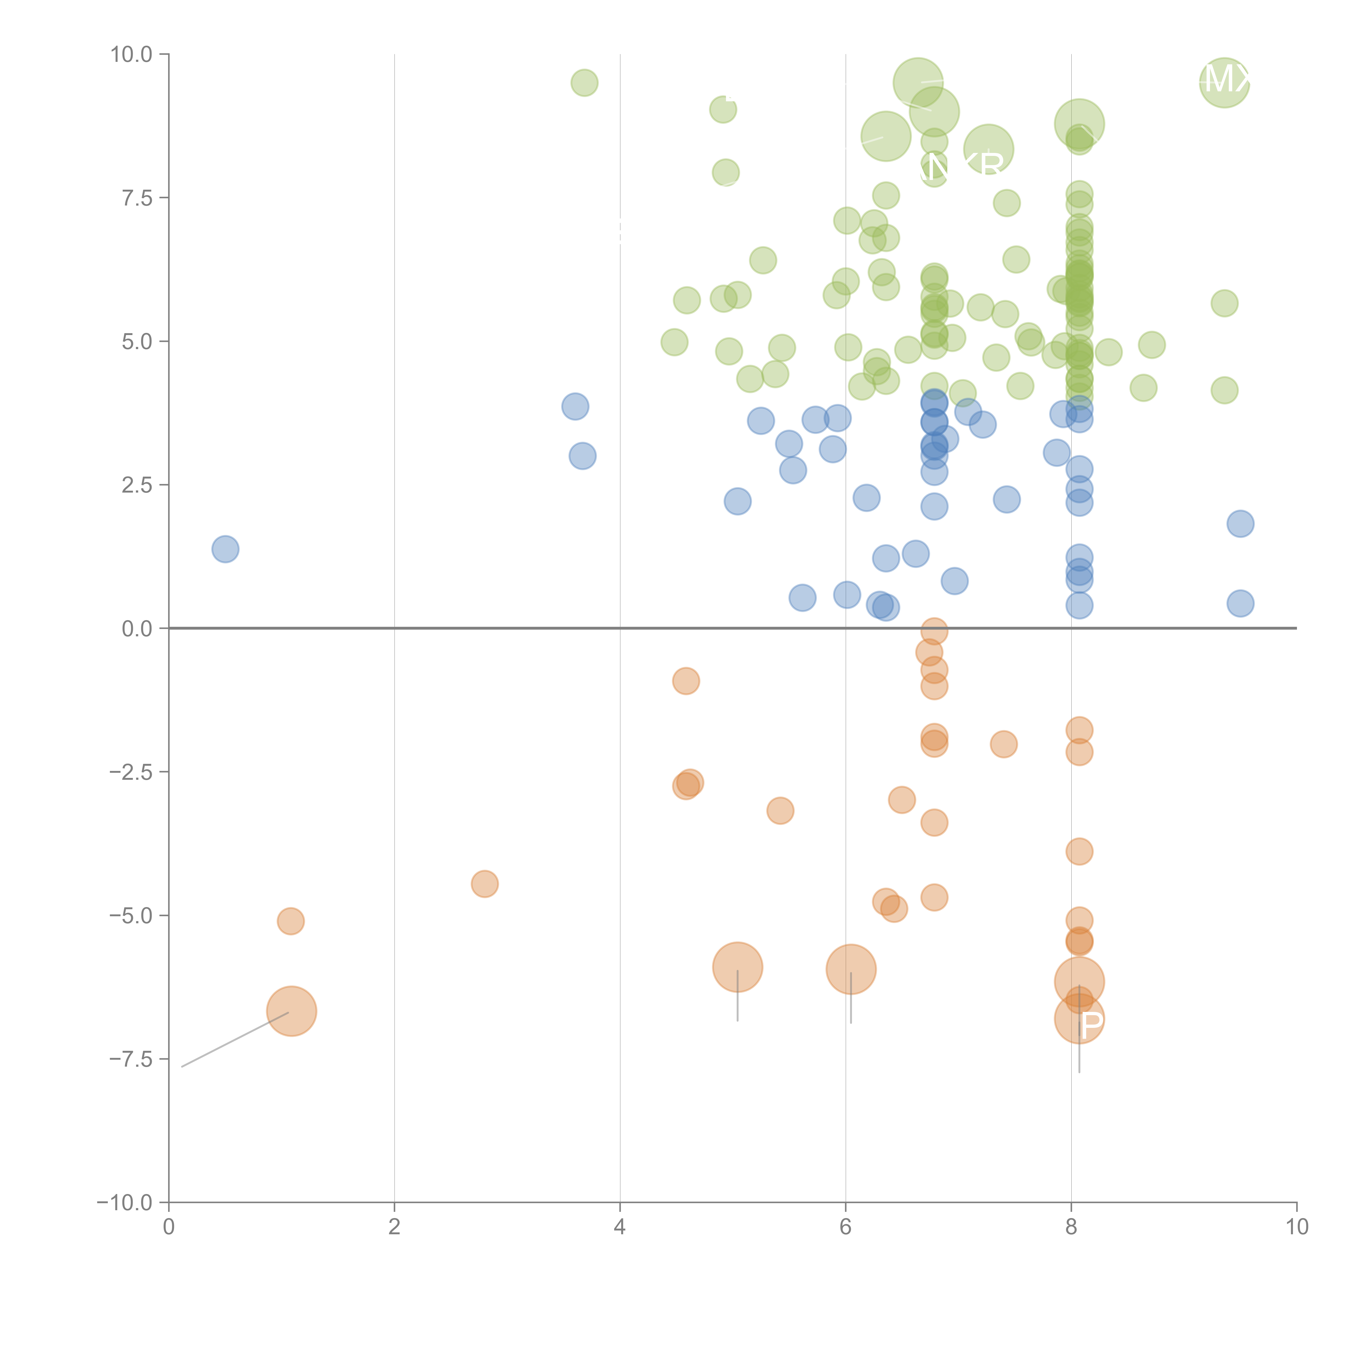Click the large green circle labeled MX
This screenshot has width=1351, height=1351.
[x=1224, y=82]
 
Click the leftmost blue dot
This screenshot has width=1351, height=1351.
[x=225, y=549]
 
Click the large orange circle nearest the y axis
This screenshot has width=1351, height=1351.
[x=292, y=1011]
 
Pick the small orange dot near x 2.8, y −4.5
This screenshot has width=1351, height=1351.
[x=484, y=884]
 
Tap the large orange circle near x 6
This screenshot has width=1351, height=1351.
[x=850, y=969]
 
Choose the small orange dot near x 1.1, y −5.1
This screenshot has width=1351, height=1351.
[x=290, y=921]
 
